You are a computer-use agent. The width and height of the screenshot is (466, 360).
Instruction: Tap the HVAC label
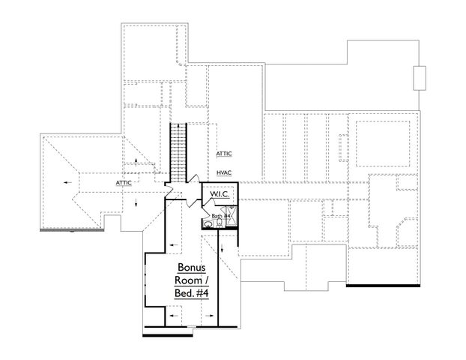tap(223, 172)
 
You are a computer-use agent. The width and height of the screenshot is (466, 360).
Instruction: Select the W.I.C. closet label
tap(220, 194)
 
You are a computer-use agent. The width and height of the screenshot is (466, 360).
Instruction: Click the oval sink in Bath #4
tap(208, 223)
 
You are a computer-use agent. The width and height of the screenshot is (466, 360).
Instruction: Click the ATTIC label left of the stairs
tap(124, 182)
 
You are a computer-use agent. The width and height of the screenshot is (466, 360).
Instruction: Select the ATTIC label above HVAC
tap(224, 154)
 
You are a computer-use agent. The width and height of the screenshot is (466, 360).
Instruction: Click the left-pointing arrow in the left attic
tap(68, 182)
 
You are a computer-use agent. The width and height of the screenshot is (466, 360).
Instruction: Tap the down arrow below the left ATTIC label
tap(136, 202)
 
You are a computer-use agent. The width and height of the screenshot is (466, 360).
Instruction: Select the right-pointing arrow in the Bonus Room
tap(212, 316)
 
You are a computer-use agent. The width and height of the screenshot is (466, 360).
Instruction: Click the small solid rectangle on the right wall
tap(420, 77)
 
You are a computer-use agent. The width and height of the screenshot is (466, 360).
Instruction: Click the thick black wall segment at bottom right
tap(383, 286)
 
